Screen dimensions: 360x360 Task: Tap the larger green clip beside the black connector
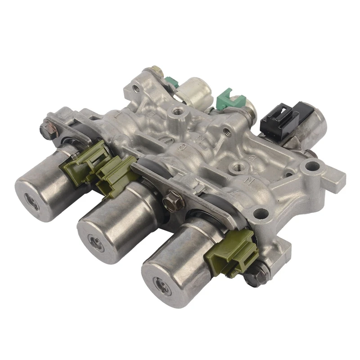pyautogui.click(x=225, y=100)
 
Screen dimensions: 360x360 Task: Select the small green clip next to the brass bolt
pyautogui.click(x=171, y=82)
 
